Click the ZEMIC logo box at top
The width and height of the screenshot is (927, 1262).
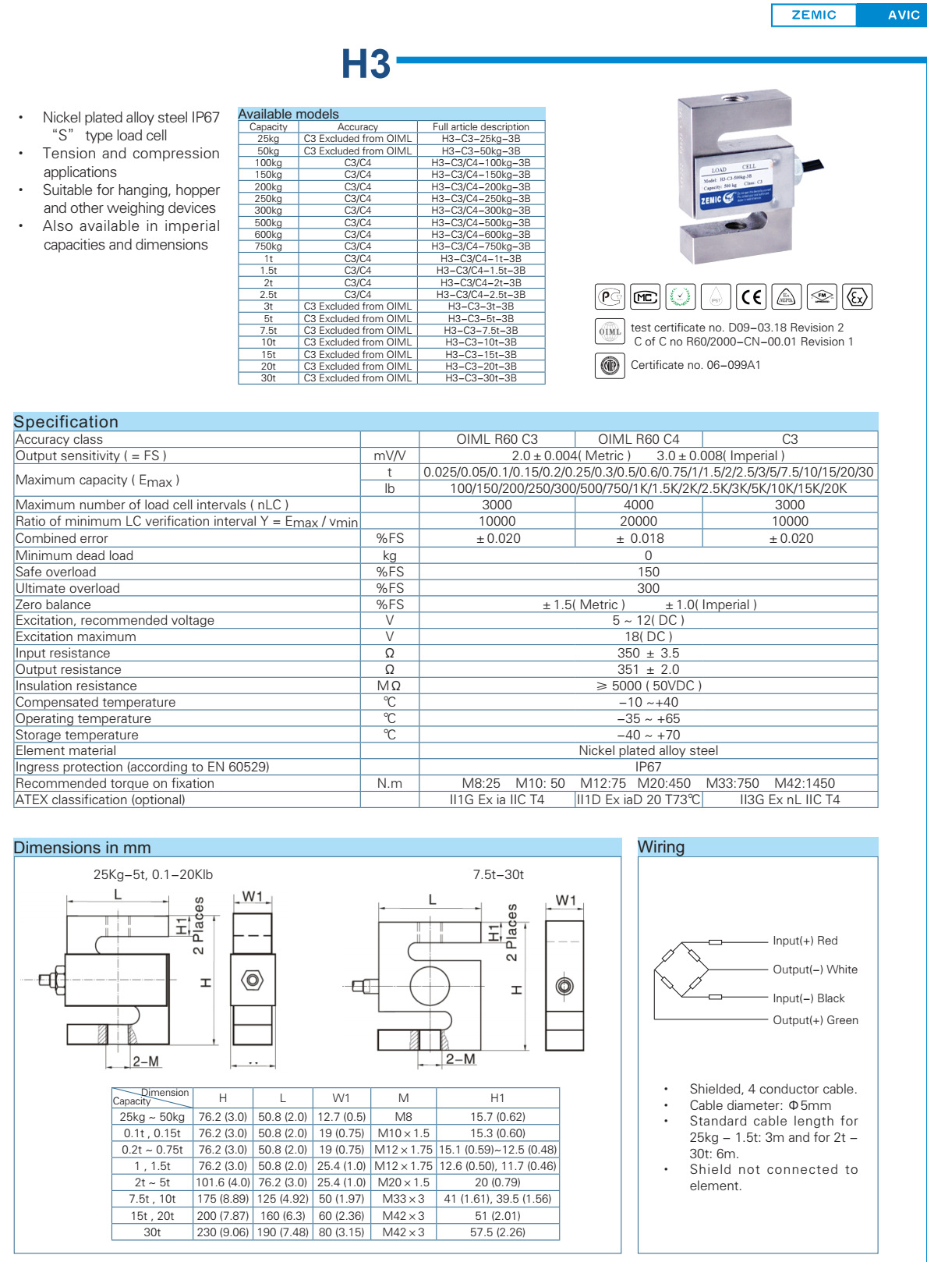click(813, 15)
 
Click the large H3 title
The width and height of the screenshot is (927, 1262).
click(365, 64)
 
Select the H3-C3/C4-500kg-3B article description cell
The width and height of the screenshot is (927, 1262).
click(480, 222)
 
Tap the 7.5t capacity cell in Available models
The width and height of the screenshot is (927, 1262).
click(268, 330)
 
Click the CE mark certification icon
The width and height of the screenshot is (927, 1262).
click(751, 297)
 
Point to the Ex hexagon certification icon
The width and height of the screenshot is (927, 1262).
click(857, 297)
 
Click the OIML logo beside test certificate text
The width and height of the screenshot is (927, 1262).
click(609, 331)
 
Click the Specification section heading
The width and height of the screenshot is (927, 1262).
click(66, 422)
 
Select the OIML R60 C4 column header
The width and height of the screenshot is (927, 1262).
click(638, 439)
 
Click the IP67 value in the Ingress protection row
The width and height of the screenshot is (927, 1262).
click(648, 767)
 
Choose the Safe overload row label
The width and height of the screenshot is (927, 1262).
click(56, 572)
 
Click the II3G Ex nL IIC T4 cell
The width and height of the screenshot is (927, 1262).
click(789, 799)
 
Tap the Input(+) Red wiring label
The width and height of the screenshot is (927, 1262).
click(805, 941)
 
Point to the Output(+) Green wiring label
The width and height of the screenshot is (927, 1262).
click(815, 1020)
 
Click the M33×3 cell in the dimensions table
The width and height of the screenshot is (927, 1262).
click(403, 1199)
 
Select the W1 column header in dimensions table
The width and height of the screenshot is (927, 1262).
click(341, 1097)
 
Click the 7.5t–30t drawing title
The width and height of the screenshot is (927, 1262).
click(498, 874)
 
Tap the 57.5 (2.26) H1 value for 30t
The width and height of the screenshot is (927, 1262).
click(497, 1232)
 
